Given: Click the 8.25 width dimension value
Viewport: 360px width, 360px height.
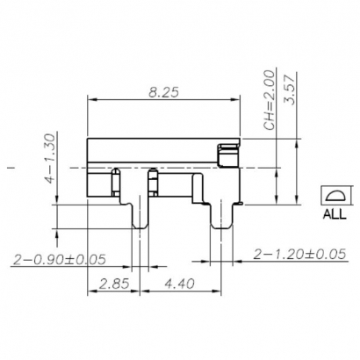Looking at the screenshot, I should point(164,91).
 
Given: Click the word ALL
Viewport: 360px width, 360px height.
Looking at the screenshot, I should point(335,212).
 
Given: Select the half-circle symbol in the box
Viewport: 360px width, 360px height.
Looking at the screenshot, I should point(335,196).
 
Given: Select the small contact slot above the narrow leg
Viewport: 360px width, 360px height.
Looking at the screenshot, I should point(152,182).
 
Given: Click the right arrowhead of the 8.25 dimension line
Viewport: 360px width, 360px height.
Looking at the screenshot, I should point(238,101).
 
